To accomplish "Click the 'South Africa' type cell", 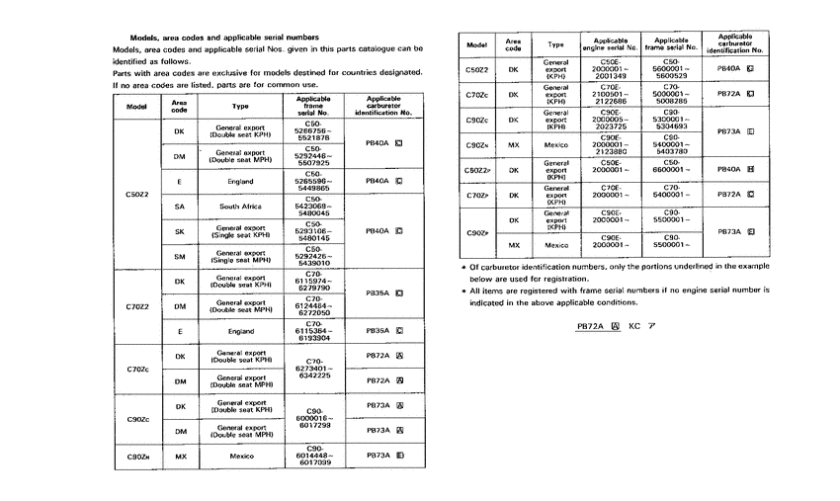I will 241,207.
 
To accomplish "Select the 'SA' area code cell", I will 179,207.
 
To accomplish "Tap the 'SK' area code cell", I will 179,232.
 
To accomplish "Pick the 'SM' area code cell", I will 179,257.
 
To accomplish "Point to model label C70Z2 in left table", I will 137,306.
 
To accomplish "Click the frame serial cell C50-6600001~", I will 674,169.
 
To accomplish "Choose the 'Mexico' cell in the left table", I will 241,456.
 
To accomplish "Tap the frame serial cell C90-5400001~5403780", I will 674,143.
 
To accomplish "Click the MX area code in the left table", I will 179,456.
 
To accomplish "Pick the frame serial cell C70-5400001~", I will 674,195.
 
